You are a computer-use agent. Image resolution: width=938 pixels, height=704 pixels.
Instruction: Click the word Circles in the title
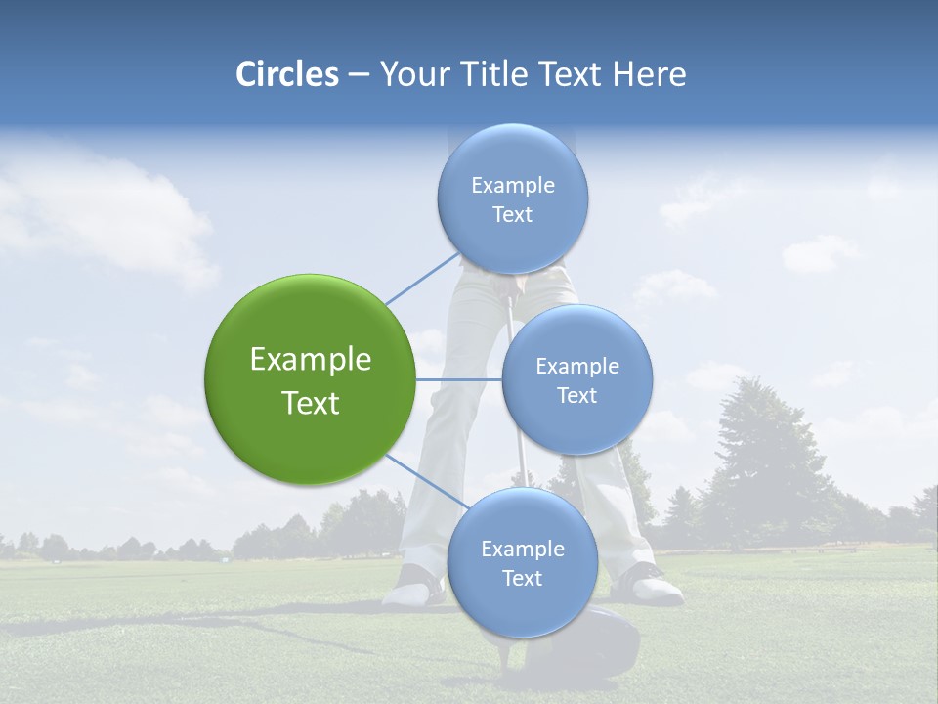(x=286, y=74)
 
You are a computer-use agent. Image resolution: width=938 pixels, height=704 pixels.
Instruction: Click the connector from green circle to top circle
(x=421, y=278)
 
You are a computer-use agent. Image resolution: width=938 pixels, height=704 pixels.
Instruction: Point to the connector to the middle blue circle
(x=458, y=379)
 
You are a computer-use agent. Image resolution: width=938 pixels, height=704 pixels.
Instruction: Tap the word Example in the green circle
(x=310, y=360)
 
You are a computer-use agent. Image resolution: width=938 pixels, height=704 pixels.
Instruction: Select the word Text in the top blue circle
(x=512, y=215)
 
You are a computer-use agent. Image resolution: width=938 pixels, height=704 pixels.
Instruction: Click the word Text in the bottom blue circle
(x=522, y=579)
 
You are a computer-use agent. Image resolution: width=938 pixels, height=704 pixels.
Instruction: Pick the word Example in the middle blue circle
(x=576, y=367)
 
